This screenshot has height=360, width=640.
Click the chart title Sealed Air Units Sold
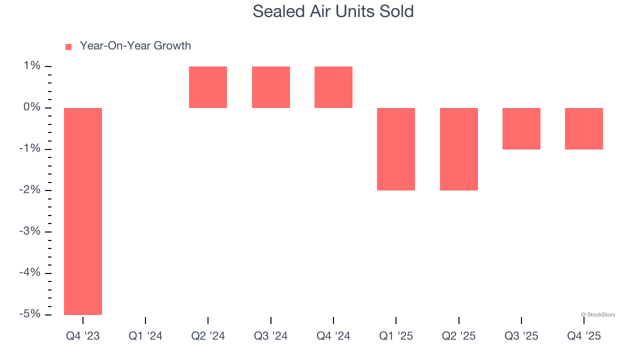click(333, 11)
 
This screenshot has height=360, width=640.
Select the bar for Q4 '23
click(83, 211)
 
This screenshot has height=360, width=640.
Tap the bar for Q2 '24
click(208, 87)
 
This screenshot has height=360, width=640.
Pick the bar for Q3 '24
click(271, 87)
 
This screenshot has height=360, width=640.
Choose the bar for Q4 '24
click(333, 87)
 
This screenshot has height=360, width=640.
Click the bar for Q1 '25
click(396, 149)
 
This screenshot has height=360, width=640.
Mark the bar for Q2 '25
click(459, 149)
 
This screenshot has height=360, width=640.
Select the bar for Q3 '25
click(521, 128)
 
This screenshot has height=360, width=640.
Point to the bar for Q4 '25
click(584, 128)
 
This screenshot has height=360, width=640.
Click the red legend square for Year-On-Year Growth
click(68, 46)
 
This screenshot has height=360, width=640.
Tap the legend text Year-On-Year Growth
click(135, 46)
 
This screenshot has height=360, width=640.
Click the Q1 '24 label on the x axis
click(145, 336)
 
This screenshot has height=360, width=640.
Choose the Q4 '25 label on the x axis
click(584, 336)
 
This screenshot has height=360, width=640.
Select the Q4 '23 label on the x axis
click(83, 336)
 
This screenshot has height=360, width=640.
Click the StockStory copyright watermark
click(598, 315)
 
